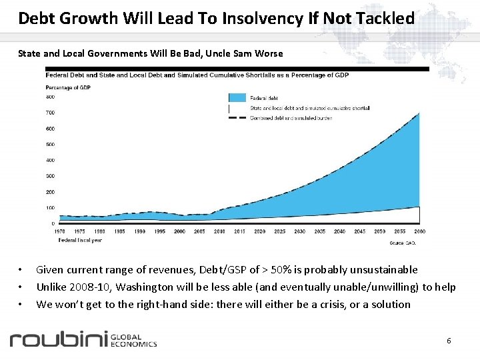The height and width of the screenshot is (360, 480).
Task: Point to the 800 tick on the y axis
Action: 50,97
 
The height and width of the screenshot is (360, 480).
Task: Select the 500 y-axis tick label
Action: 50,144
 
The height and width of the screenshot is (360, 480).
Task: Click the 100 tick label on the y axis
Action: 50,208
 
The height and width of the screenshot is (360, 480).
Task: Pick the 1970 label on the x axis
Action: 60,231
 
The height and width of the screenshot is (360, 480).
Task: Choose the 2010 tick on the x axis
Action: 219,231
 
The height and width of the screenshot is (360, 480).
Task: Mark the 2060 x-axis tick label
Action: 419,231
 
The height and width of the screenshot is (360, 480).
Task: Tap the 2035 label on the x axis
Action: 319,231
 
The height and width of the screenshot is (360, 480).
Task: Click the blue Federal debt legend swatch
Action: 237,97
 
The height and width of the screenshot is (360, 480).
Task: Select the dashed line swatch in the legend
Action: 237,118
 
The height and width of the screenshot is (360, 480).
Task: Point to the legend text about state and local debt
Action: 309,107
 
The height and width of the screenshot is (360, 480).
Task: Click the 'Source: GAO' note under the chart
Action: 402,243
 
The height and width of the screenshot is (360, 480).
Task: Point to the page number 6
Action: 449,341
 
